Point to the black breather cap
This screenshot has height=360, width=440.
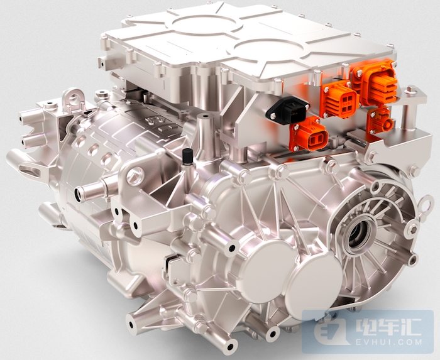click(x=187, y=156)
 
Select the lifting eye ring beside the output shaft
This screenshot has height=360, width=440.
click(x=427, y=204)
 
